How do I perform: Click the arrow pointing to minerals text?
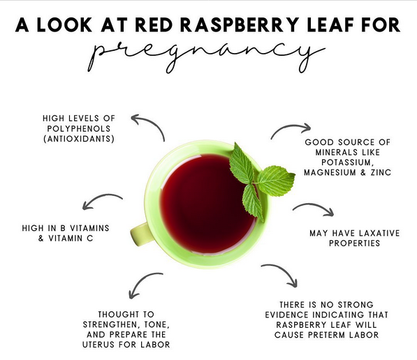[x=289, y=130]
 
